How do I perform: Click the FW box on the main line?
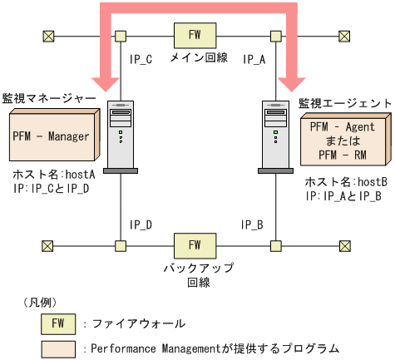point(193,36)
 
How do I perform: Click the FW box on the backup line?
point(193,245)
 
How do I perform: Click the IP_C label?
point(141,59)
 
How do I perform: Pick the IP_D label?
point(141,224)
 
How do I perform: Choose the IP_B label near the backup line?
point(253,224)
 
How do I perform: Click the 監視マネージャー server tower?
point(121,136)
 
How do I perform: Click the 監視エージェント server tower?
point(275,136)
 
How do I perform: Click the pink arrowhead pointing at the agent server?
point(294,82)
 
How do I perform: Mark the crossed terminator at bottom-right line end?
point(344,245)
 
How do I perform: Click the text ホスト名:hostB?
point(342,182)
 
